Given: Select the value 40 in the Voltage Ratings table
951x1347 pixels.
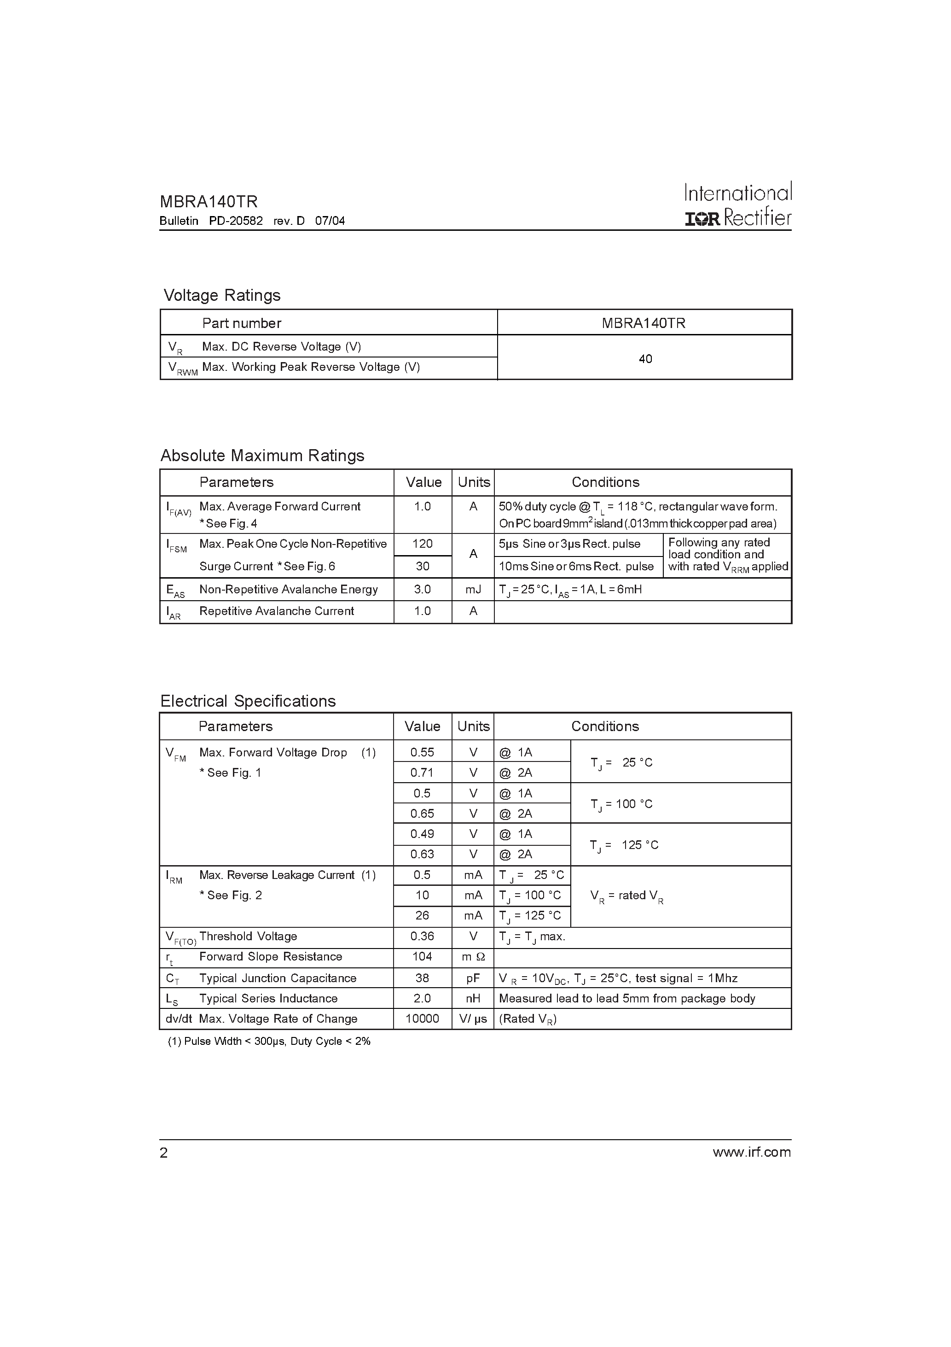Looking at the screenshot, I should click(x=645, y=358).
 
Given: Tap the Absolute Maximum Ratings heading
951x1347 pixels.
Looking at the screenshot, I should click(x=262, y=455).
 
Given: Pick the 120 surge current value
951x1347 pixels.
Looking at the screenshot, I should click(x=422, y=544).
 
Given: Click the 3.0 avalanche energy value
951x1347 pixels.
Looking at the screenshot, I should click(x=422, y=589).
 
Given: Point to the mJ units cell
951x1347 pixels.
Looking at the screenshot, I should click(x=473, y=589).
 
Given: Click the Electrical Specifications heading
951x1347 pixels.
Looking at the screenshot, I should click(x=248, y=701).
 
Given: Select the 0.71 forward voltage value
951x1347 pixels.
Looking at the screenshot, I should click(x=422, y=773).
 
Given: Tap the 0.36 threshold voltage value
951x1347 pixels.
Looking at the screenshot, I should click(x=422, y=937).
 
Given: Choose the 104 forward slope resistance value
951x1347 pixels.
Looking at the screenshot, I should click(x=422, y=956).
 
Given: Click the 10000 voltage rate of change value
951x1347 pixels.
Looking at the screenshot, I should click(x=422, y=1019).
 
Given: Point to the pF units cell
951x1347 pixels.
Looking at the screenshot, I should click(x=473, y=978).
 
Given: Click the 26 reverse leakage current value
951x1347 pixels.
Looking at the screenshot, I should click(x=422, y=915).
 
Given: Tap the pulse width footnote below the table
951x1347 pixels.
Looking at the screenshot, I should click(x=269, y=1041).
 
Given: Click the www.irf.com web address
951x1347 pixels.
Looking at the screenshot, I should click(x=752, y=1152).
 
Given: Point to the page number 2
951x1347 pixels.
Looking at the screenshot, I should click(x=163, y=1153).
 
